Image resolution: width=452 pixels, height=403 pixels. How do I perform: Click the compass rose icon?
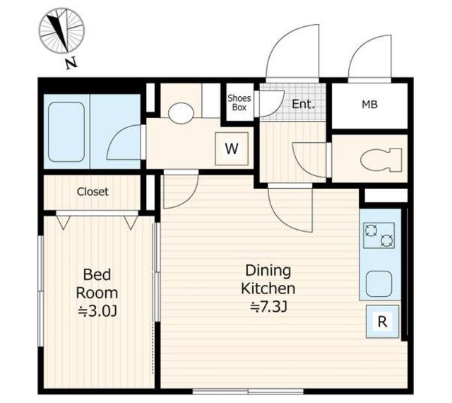(x=61, y=30)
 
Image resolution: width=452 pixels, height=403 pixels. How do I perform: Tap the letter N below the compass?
(x=71, y=63)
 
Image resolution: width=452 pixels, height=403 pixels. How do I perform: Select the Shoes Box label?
(x=239, y=103)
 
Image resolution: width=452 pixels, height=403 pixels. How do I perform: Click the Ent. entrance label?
(x=303, y=104)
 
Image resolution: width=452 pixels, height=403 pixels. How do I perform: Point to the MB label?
(x=370, y=105)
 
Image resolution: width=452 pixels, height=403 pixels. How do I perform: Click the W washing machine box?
(x=232, y=149)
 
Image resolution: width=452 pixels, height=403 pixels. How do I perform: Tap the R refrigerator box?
(x=382, y=321)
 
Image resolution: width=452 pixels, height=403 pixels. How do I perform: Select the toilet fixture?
(x=381, y=160)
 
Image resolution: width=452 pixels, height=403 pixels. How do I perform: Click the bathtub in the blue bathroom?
(x=66, y=132)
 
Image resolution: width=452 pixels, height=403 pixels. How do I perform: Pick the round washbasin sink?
(x=181, y=113)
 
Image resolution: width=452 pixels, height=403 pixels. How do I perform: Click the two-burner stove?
(x=379, y=235)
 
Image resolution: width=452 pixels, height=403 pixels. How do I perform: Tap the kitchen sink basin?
(x=379, y=284)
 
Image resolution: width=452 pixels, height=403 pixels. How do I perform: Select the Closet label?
(x=93, y=192)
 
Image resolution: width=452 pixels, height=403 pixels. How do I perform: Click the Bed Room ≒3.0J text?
(x=97, y=293)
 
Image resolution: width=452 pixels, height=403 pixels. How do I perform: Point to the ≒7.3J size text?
(x=268, y=307)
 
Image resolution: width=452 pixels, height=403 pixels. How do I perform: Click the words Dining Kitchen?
(x=268, y=280)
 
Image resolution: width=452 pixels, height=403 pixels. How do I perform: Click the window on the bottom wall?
(x=248, y=392)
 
